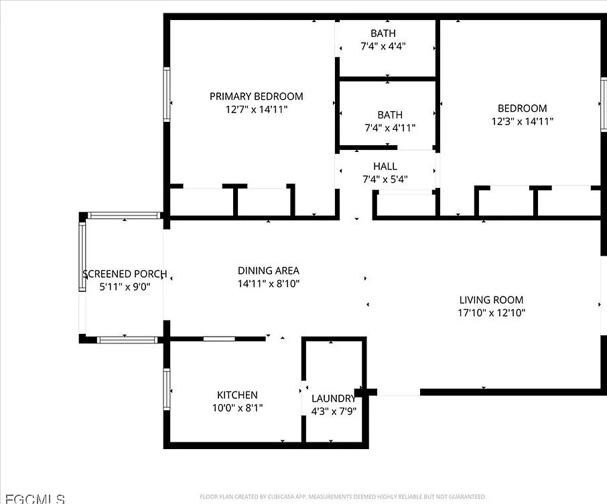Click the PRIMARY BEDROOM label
[257, 96]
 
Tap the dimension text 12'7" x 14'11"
[257, 110]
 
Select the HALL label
[385, 166]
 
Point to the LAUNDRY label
[334, 398]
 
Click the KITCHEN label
[237, 395]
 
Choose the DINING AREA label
[269, 271]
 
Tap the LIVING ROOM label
[491, 300]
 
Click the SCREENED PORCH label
[125, 274]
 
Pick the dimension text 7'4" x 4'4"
[383, 46]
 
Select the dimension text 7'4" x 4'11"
[390, 128]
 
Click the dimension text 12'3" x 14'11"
[523, 121]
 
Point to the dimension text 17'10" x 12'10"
[492, 313]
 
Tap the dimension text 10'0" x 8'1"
[238, 408]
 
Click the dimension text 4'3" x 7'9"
[334, 411]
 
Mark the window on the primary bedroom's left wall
[166, 94]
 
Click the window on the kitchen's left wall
[166, 389]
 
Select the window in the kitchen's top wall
[219, 339]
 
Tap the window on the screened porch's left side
[82, 257]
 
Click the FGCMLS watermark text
[36, 499]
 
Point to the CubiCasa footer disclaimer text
[342, 497]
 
